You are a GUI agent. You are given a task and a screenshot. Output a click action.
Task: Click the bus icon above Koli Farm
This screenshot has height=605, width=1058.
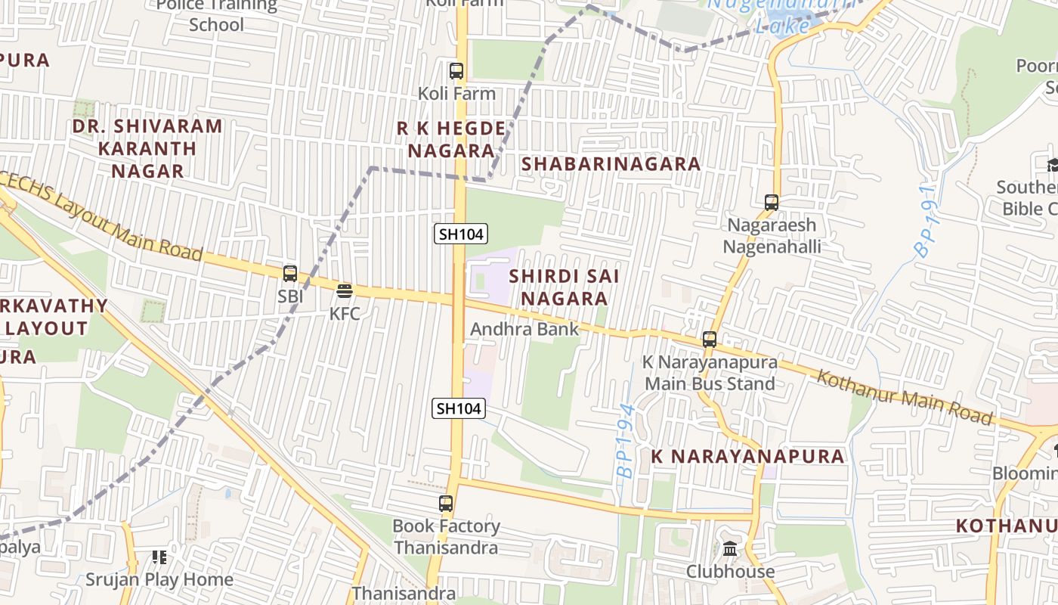(x=456, y=71)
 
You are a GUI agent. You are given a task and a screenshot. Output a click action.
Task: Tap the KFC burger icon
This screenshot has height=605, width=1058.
(x=345, y=291)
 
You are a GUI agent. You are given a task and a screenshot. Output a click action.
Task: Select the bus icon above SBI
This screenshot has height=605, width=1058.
(x=290, y=274)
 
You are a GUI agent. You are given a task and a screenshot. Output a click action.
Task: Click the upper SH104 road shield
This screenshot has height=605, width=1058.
(x=460, y=234)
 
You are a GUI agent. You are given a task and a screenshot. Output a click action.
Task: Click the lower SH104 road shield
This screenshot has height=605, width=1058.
(x=459, y=408)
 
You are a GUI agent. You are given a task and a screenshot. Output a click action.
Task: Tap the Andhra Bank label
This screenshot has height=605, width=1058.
(x=524, y=329)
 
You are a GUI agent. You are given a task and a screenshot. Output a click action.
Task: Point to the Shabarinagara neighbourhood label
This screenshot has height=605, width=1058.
(x=611, y=163)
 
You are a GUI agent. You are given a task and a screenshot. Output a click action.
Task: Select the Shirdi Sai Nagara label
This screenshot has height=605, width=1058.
(x=564, y=287)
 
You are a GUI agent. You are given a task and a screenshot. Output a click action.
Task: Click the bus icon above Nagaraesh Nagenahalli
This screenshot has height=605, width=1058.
(x=771, y=203)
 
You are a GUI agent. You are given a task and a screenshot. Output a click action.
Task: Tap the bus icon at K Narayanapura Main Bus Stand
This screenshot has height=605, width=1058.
(x=709, y=340)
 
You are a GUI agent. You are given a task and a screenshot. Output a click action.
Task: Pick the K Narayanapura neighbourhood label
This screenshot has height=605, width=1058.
(x=748, y=456)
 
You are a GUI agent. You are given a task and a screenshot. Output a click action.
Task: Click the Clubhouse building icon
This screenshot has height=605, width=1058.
(x=730, y=549)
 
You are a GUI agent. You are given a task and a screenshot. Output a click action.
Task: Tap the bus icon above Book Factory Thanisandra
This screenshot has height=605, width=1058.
(x=446, y=503)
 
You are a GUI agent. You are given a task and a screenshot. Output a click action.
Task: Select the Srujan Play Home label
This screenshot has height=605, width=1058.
(x=159, y=580)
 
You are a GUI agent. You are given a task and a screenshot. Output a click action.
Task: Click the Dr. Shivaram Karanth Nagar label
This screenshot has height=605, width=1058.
(x=147, y=148)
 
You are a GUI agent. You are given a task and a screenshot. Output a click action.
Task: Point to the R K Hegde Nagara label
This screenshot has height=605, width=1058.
(x=451, y=139)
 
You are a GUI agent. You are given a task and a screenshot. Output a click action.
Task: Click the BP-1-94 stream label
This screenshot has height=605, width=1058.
(x=626, y=440)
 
